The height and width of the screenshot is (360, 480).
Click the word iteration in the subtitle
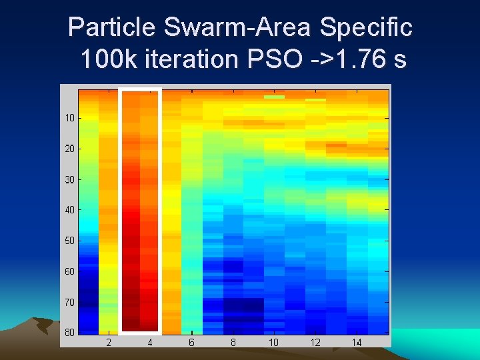193,59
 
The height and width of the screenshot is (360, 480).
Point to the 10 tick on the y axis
69,118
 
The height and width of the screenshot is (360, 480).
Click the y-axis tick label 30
69,179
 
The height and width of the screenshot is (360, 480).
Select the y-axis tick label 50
69,241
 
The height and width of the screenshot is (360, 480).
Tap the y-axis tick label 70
69,302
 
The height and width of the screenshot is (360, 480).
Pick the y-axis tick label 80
69,332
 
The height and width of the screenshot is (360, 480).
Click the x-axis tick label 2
109,343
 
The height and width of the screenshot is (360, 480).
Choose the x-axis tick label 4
150,343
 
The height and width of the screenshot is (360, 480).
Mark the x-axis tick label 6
191,343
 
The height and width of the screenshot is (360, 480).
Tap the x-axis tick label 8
233,343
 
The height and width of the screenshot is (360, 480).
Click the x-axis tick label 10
274,343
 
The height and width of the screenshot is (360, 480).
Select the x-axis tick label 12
315,343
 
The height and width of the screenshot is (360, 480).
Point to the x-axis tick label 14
357,343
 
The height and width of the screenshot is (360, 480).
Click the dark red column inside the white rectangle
141,253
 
